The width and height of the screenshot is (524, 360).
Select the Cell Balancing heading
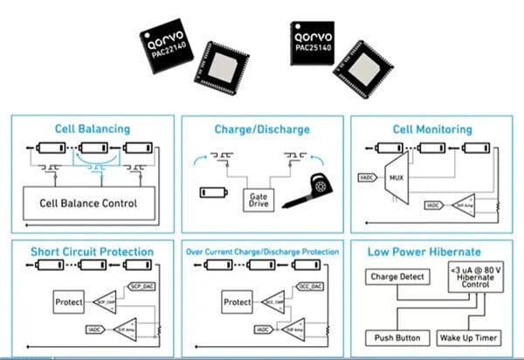pos(92,129)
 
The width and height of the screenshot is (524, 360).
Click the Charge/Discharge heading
pos(261,129)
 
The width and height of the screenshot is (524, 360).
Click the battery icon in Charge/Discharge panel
pos(213,190)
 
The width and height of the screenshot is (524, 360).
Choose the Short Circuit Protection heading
pos(92,252)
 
